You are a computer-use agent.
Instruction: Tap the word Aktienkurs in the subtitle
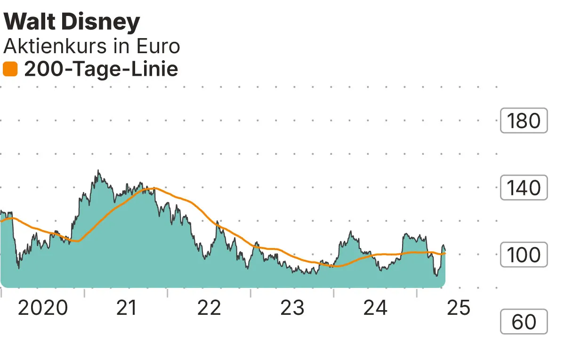coord(54,47)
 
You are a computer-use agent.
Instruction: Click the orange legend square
coord(10,70)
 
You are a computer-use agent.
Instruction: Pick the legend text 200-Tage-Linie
coord(101,70)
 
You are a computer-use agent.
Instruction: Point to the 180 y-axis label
coord(524,121)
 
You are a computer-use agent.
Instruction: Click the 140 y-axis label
coord(524,188)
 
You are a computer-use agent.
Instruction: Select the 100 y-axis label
coord(524,255)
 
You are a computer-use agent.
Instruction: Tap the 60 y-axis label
coord(524,322)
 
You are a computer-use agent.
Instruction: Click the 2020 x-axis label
coord(43,308)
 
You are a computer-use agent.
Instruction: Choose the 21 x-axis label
coord(126,308)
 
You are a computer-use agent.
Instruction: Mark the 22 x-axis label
coord(209,308)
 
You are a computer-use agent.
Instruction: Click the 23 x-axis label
coord(292,308)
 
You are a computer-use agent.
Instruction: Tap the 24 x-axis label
coord(376,308)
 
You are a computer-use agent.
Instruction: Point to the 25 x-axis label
coord(459,308)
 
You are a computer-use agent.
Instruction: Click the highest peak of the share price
coord(98,171)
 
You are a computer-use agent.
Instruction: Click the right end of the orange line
coord(445,254)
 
